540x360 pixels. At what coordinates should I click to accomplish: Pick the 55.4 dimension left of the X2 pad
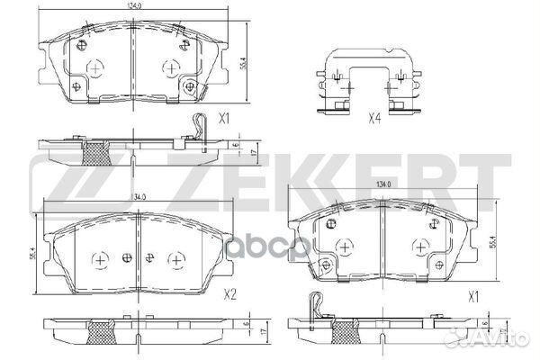click(33, 256)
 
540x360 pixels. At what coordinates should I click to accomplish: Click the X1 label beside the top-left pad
click(226, 118)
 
